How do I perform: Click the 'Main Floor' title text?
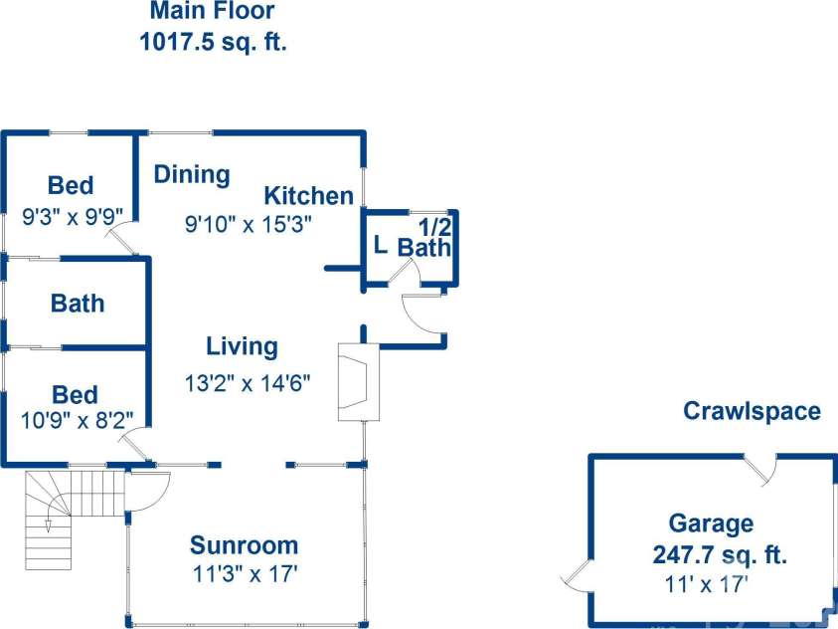coord(212,11)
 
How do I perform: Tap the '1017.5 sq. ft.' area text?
coord(214,41)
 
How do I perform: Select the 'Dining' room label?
coord(193,175)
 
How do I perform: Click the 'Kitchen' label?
coord(309,196)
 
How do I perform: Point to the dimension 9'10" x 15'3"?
coord(248,224)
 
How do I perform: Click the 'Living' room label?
coord(243,347)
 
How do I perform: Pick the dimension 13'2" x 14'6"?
coord(248,383)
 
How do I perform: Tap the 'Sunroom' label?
coord(245,545)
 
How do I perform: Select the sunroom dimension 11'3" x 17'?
coord(246,574)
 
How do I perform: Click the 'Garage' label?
coord(712,524)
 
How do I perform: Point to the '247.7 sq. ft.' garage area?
coord(720,554)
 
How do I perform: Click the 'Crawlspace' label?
coord(752,411)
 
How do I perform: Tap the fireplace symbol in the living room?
coord(358,382)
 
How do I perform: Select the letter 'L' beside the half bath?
coord(380,246)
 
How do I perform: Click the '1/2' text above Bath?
coord(434,227)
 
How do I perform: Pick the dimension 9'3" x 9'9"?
coord(73,217)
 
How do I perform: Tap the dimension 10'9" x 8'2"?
coord(77,421)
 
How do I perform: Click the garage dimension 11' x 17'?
coord(706,583)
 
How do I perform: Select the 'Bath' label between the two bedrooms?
coord(78,304)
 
